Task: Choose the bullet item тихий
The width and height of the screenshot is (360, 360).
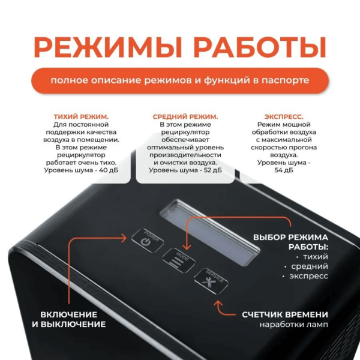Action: [316, 256]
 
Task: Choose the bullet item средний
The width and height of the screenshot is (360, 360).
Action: [309, 266]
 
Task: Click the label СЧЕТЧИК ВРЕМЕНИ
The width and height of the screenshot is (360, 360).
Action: [285, 314]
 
